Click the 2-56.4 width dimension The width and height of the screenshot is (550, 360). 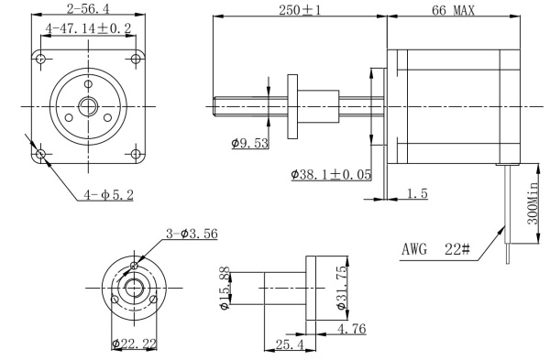[88, 9]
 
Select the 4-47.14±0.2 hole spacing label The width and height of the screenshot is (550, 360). [88, 28]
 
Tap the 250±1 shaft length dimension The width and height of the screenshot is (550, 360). [300, 10]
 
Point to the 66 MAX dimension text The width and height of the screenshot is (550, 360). [453, 10]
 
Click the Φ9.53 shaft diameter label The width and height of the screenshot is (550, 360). [249, 143]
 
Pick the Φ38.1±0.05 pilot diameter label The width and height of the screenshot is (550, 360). [331, 175]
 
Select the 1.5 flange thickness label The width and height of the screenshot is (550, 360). [417, 193]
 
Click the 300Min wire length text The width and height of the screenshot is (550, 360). [533, 203]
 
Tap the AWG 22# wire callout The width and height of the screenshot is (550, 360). [435, 249]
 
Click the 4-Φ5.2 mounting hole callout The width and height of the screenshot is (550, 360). [109, 195]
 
